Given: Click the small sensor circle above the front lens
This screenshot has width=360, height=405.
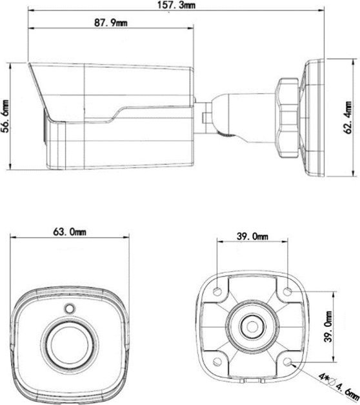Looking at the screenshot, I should point(69,308).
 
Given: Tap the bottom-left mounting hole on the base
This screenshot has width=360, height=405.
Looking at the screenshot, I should point(217,360).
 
